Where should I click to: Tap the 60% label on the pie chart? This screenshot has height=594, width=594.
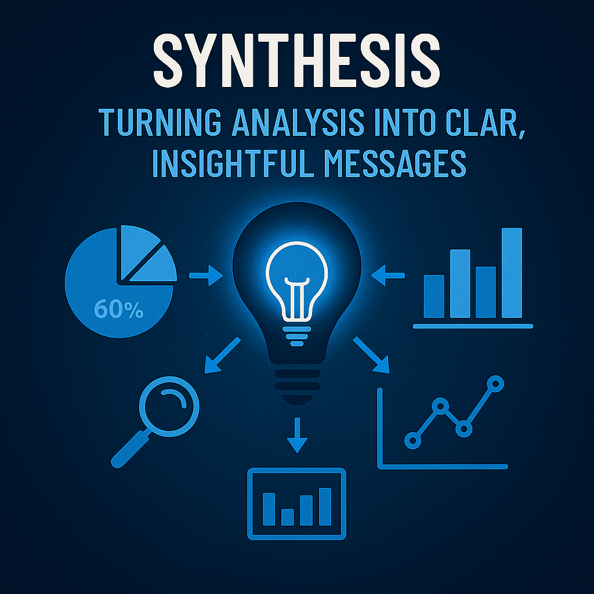tap(118, 310)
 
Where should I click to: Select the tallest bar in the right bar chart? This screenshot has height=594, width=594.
tap(512, 273)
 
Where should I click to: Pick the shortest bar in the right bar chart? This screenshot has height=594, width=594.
tap(434, 296)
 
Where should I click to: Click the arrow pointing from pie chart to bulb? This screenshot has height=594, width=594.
tap(206, 276)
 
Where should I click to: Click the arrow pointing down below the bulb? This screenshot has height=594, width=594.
tap(297, 435)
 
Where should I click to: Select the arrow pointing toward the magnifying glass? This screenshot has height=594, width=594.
tap(222, 355)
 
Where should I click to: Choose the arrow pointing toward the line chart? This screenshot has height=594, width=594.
tap(371, 355)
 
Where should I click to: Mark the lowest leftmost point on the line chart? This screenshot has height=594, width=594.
tap(413, 440)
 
